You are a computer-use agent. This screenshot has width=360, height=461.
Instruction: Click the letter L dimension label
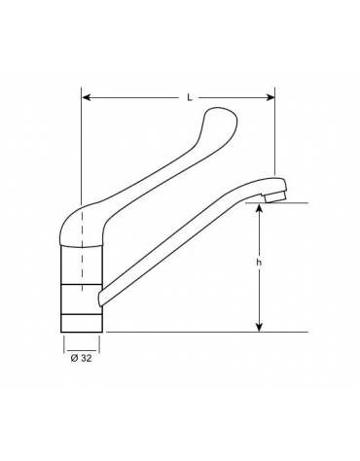coord(190,97)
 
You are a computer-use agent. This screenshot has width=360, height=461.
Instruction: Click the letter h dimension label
coord(259,263)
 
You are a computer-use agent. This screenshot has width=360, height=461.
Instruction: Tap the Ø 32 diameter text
coord(81,358)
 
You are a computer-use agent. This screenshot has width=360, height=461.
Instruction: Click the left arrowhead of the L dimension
coord(86,97)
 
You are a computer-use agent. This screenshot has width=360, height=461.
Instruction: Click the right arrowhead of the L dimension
coord(270,97)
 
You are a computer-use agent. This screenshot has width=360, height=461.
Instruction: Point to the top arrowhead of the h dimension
coord(259,208)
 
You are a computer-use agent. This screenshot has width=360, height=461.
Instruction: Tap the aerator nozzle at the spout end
coord(274,196)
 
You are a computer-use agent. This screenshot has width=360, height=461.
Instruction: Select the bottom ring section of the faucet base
coord(82,323)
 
